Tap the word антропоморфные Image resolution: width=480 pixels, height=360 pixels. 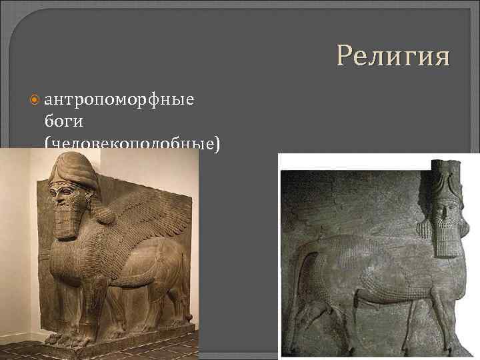[x=119, y=100]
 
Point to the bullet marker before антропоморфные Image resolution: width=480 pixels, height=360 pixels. [x=35, y=101]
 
